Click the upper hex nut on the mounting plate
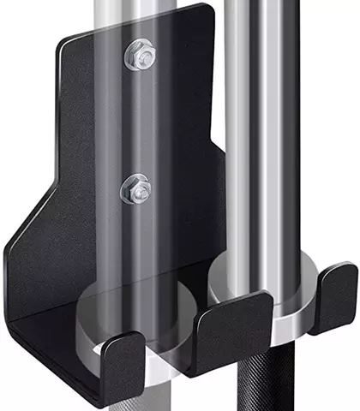tap(141, 57)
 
